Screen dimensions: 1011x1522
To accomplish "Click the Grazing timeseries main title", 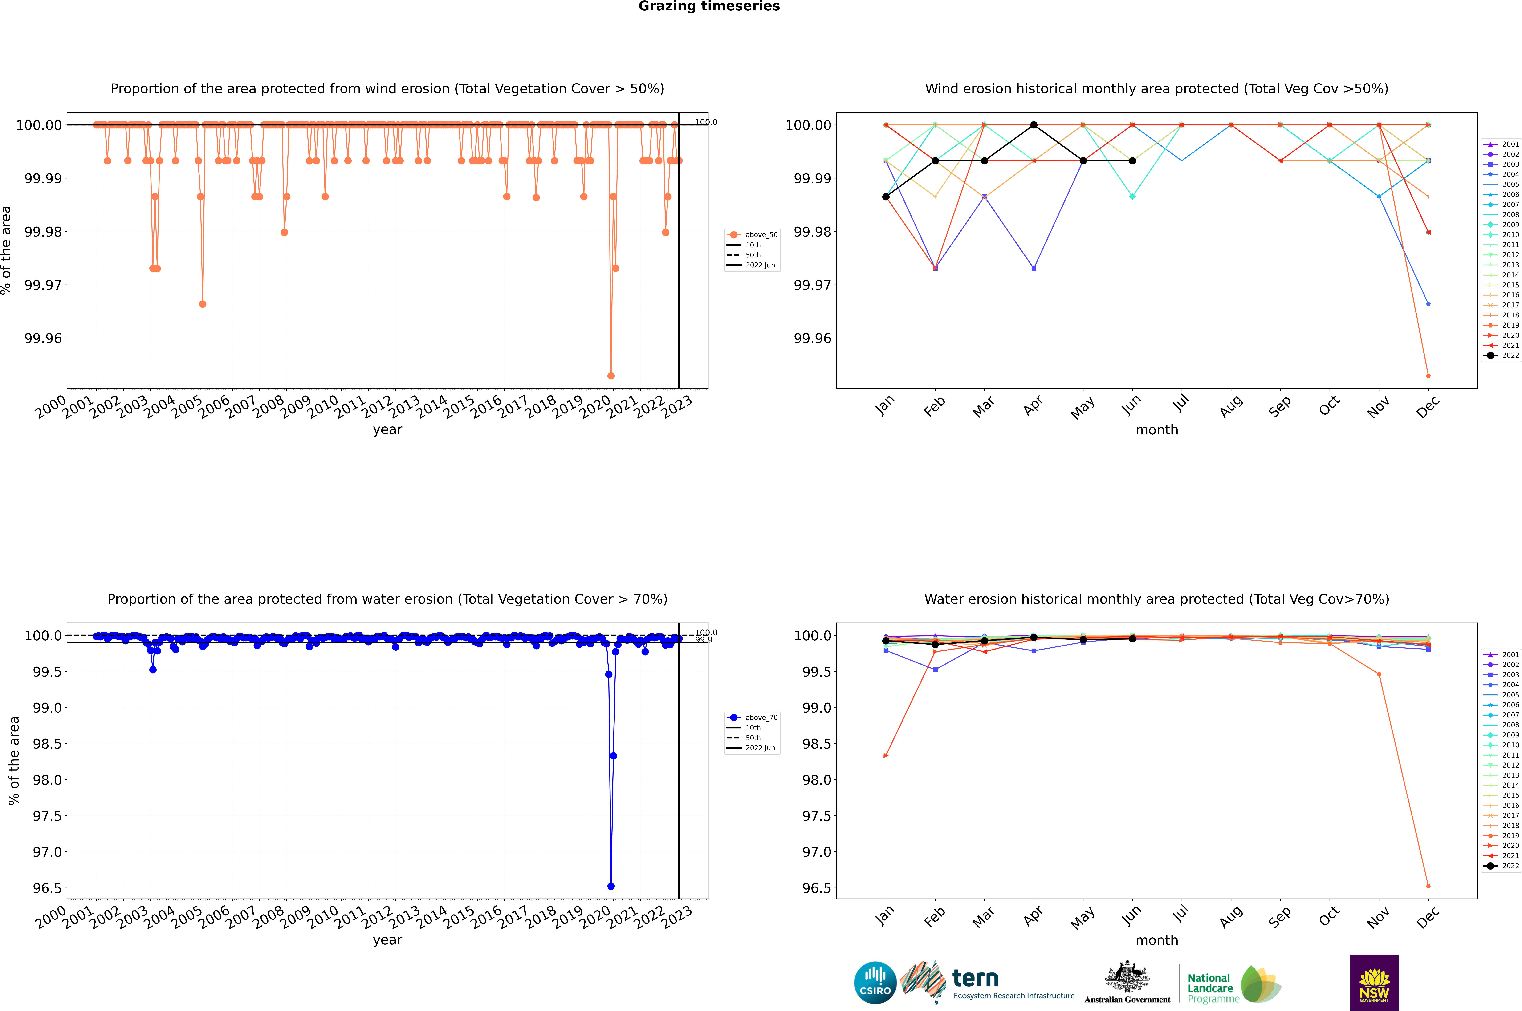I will [x=709, y=6].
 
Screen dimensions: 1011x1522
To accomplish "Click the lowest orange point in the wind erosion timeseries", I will [x=611, y=375].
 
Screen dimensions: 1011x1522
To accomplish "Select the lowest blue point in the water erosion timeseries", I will [x=611, y=886].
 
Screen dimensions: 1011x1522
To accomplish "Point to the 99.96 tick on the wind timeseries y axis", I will [x=43, y=338].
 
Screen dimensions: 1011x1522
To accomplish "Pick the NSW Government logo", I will [x=1374, y=983].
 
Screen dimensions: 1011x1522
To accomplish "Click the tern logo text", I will [x=976, y=979].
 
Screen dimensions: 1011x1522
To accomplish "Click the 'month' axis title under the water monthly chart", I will [x=1156, y=940].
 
